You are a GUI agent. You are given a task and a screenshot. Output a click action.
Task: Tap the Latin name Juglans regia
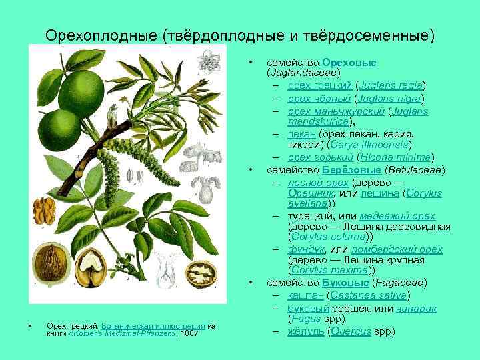391,86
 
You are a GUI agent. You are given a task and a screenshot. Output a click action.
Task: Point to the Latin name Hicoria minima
396,157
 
